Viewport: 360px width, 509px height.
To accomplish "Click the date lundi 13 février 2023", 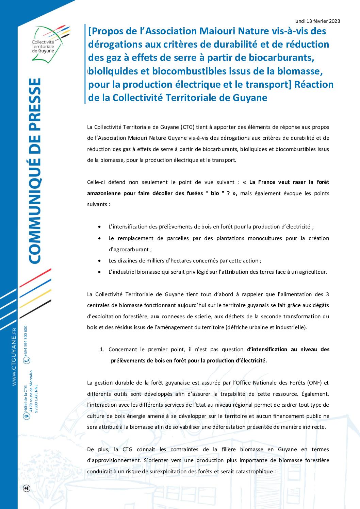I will coord(317,21).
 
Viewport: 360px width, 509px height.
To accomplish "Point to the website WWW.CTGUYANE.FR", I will coord(14,357).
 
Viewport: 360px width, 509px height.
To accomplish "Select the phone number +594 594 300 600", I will coord(27,340).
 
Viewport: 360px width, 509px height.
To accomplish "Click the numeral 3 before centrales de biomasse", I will coord(327,294).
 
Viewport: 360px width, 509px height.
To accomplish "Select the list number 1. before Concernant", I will coord(102,350).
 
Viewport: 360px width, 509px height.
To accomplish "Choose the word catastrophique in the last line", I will coord(251,472).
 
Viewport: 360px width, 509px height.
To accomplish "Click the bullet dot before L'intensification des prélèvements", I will coord(99,227).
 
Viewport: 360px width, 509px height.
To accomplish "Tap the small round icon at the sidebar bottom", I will coord(27,489).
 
